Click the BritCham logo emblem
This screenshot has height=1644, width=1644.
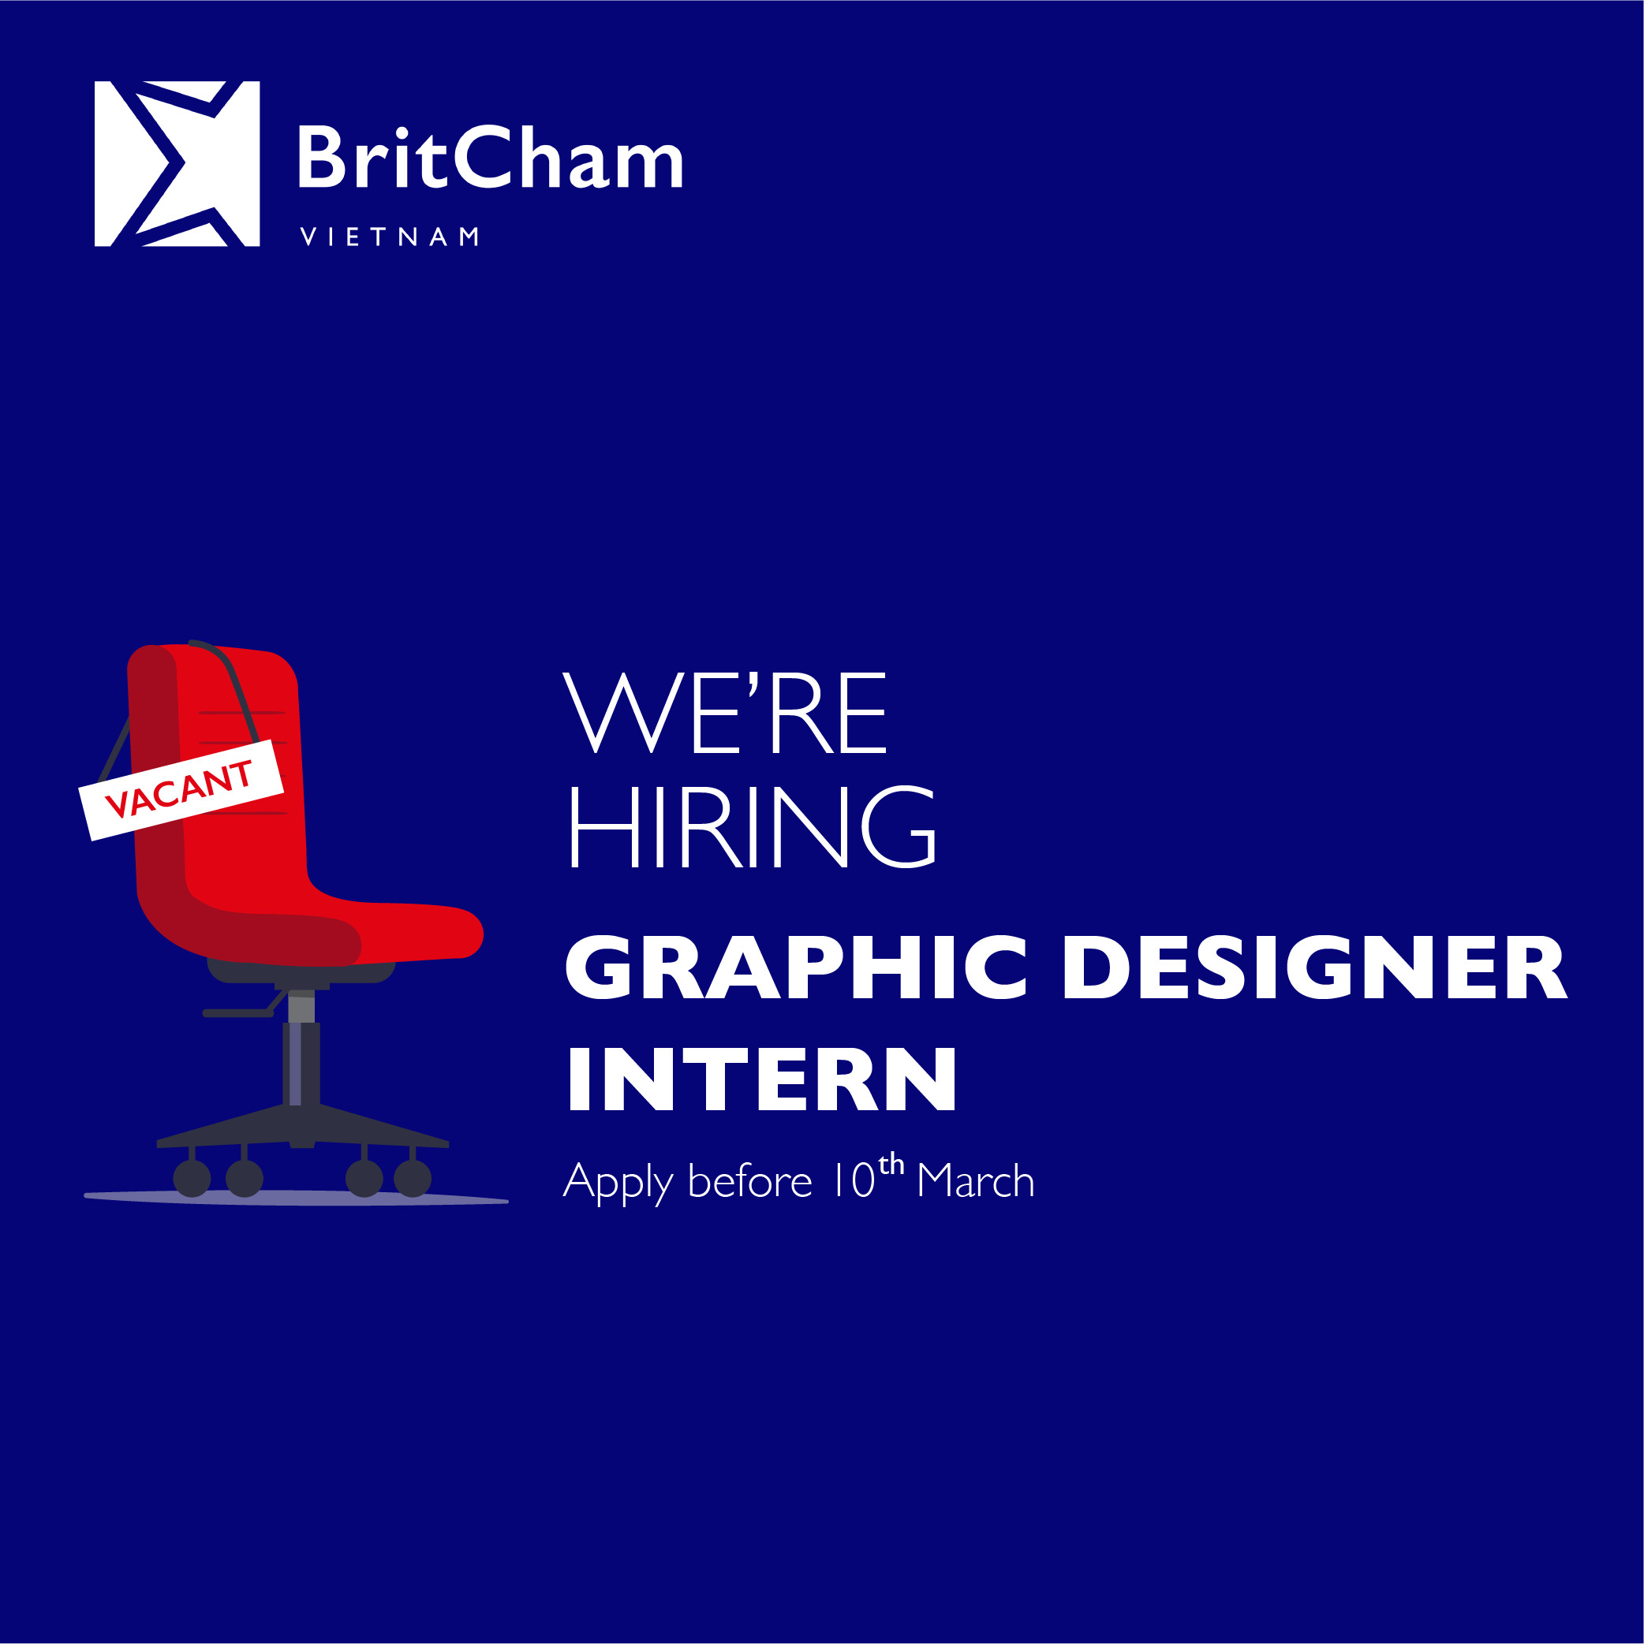pos(177,163)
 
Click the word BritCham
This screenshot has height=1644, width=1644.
pos(491,158)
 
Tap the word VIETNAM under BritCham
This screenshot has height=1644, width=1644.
pos(389,237)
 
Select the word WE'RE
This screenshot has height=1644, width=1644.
pos(724,712)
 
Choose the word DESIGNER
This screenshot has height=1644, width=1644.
pos(1315,967)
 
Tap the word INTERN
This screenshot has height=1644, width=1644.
pos(762,1079)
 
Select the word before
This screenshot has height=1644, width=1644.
pos(750,1180)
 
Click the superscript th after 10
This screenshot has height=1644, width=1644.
pos(891,1163)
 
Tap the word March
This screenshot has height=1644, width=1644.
pos(976,1180)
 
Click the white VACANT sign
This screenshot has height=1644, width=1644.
pos(181,789)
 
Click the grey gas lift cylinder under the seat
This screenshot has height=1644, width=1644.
pos(301,1005)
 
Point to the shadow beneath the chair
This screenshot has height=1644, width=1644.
pos(297,1199)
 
